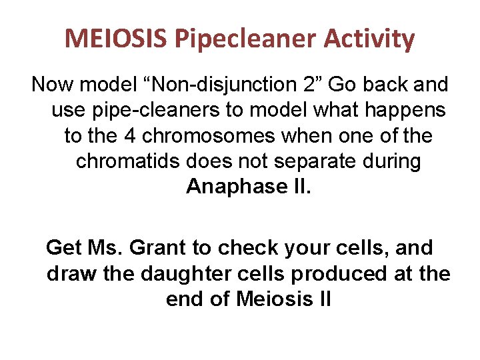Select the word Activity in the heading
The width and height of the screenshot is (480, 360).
coord(369,39)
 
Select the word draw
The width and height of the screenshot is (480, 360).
coord(69,273)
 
